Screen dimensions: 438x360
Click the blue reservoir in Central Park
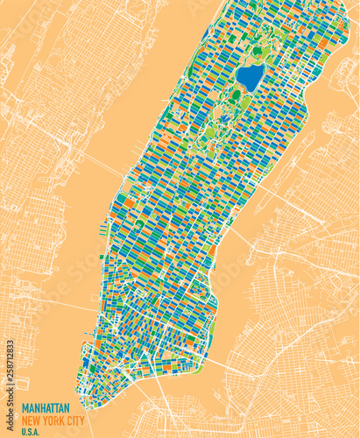pyautogui.click(x=251, y=78)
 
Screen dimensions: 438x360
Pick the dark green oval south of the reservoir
pyautogui.click(x=236, y=95)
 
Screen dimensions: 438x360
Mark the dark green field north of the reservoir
pyautogui.click(x=258, y=51)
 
